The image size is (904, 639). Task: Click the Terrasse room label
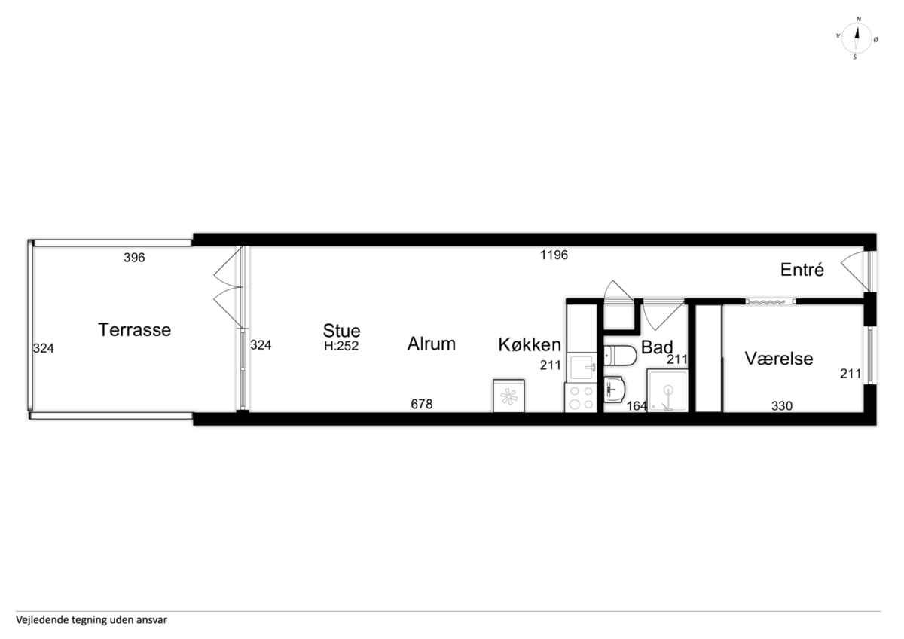(134, 330)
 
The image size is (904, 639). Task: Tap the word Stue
(341, 331)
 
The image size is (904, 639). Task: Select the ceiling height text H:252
(341, 346)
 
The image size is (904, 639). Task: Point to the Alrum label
(432, 344)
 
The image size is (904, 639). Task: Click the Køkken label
(530, 344)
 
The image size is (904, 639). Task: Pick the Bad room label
(657, 347)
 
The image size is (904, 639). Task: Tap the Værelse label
(779, 359)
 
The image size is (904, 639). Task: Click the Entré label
(802, 270)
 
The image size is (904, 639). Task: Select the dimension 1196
(554, 255)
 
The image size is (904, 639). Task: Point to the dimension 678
(422, 404)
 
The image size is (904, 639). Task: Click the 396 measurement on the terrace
(134, 258)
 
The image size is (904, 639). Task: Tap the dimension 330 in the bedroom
(782, 405)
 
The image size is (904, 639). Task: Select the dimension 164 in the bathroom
(637, 405)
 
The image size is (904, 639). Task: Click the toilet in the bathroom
(620, 356)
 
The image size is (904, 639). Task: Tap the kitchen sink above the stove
(582, 367)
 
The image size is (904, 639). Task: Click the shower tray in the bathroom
(667, 390)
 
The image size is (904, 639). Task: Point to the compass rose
(857, 38)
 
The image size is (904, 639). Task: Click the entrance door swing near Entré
(854, 271)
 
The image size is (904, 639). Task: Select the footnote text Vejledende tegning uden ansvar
(91, 620)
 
